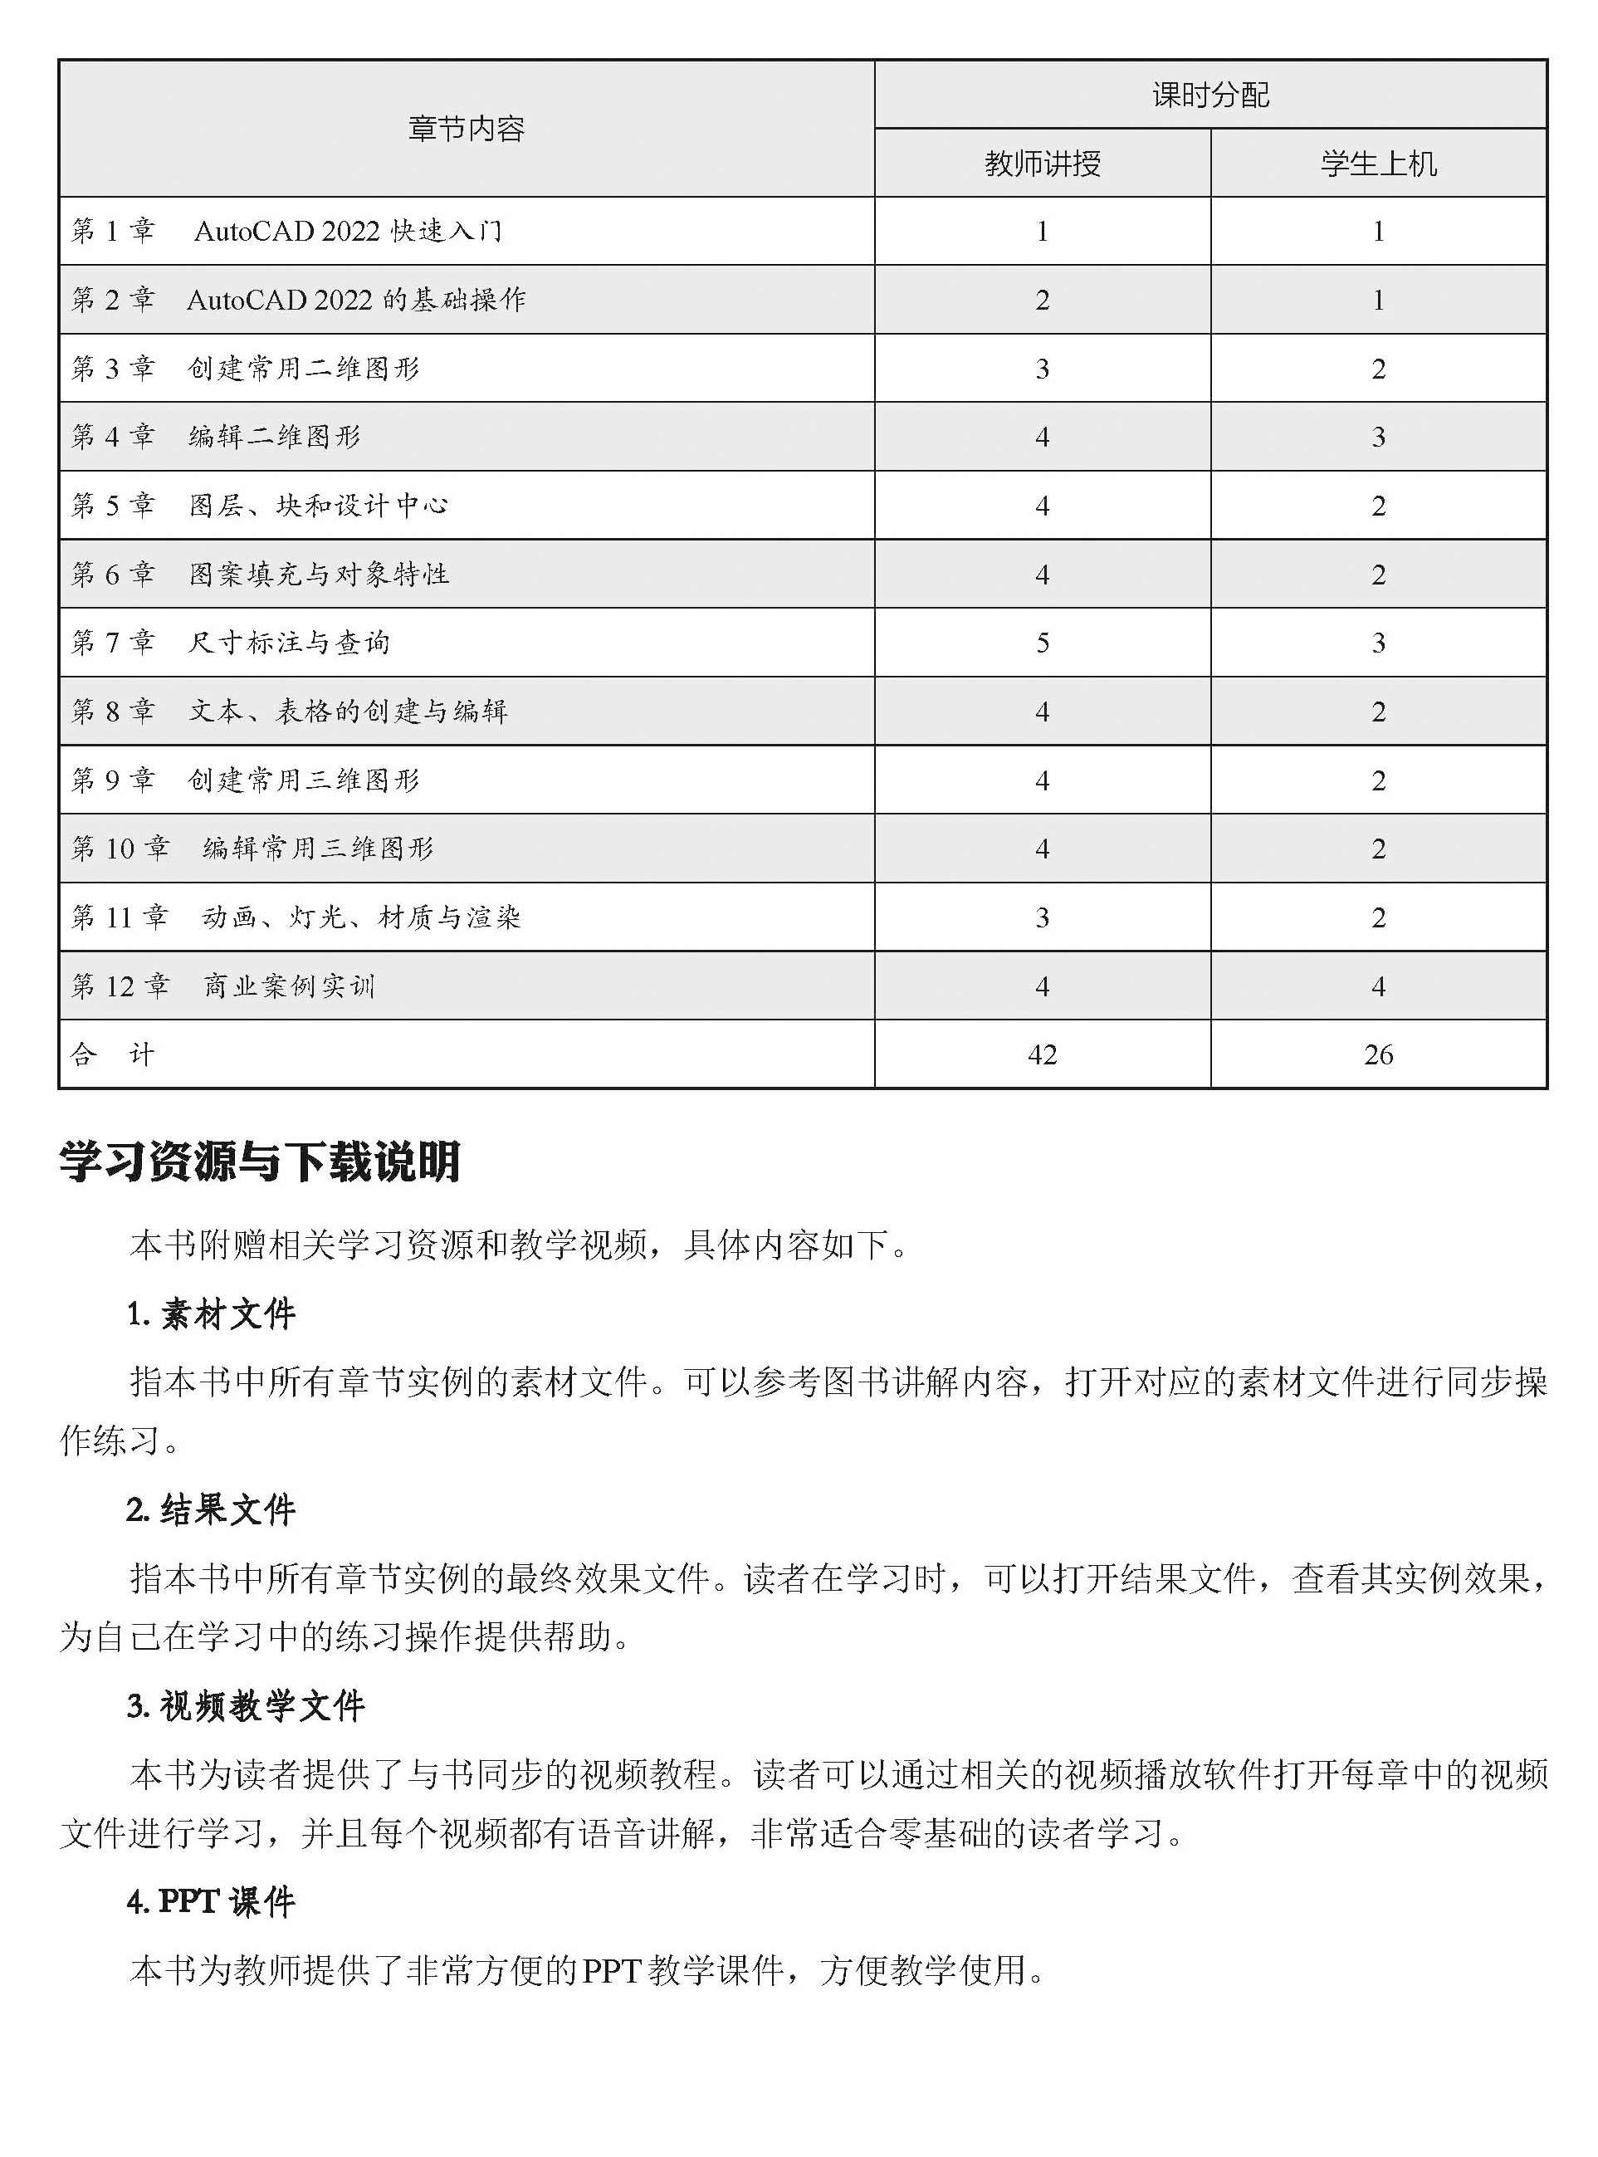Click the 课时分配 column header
1210,95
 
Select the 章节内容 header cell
467,129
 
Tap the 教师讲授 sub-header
1042,164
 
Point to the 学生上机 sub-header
1378,164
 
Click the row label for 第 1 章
286,231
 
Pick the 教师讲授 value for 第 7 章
1042,643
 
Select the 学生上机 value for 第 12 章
1378,986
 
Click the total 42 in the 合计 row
1042,1055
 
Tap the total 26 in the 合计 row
1378,1055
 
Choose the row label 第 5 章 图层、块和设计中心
259,506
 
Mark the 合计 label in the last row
112,1054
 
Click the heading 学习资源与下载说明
259,1162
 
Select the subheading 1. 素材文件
211,1314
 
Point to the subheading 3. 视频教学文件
246,1706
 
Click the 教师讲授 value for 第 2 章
1042,300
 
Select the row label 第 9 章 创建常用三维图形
246,780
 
